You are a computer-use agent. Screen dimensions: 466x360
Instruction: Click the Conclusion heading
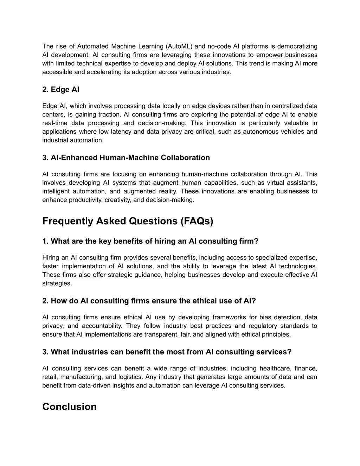69,407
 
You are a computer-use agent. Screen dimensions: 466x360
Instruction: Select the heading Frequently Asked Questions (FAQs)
128,221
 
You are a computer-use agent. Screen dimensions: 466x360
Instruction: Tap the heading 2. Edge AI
60,90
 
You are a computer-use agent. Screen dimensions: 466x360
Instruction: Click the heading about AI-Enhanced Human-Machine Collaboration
126,158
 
